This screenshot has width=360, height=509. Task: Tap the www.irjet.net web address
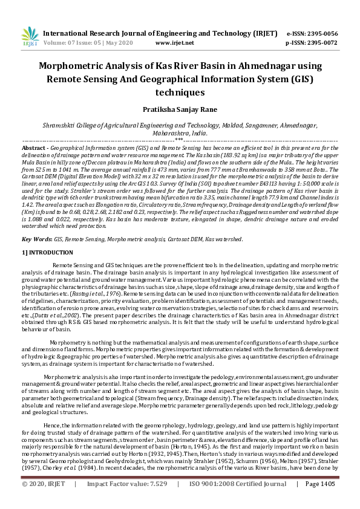(x=174, y=43)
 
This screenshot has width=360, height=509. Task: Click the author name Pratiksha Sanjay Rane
(x=180, y=109)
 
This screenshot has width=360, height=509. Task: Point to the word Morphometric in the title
(x=74, y=66)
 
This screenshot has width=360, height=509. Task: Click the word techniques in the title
(x=180, y=92)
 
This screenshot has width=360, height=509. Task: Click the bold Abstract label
(x=34, y=148)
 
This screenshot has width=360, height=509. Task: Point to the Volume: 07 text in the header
(x=62, y=43)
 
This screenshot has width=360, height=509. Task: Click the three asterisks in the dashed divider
(x=179, y=140)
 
